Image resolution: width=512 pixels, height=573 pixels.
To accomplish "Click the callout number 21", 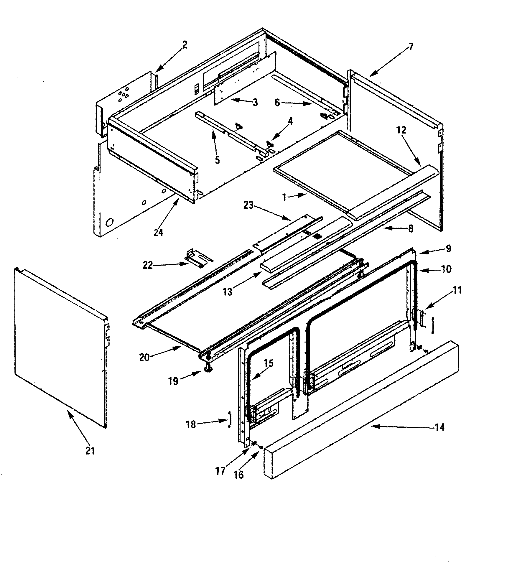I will pyautogui.click(x=90, y=450).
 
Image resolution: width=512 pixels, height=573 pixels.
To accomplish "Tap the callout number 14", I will pyautogui.click(x=439, y=427).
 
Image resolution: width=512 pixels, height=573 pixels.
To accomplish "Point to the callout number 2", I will pyautogui.click(x=185, y=45).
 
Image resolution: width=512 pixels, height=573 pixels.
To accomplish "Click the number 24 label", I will pyautogui.click(x=158, y=232).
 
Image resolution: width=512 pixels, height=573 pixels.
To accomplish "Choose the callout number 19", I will pyautogui.click(x=173, y=381).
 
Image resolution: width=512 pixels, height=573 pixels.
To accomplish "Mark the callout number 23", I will pyautogui.click(x=248, y=205).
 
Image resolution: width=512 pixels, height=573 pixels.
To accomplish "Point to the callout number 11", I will pyautogui.click(x=457, y=290).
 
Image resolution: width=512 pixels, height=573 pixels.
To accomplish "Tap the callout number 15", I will pyautogui.click(x=269, y=363).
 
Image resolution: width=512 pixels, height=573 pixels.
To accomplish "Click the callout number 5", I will pyautogui.click(x=217, y=160).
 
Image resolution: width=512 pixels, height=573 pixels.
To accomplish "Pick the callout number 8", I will pyautogui.click(x=411, y=228).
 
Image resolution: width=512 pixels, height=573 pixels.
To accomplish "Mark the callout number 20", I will pyautogui.click(x=144, y=357).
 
